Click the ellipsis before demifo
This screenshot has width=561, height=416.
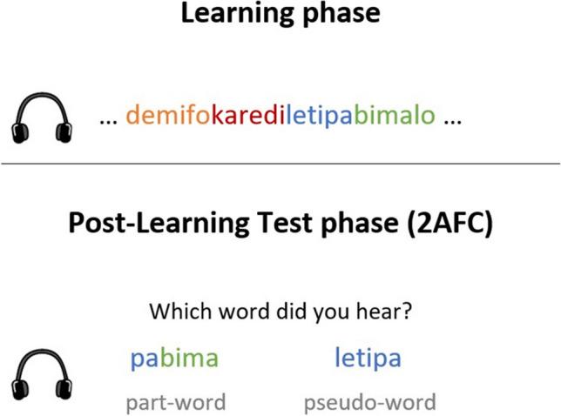pos(108,120)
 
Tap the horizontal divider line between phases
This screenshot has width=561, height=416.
pos(280,164)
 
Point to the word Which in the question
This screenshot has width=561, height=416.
pos(175,311)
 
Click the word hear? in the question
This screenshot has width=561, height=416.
pos(387,311)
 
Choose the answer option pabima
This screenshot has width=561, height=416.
pos(174,359)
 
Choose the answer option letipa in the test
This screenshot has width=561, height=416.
pos(368,358)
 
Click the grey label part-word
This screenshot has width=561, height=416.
pos(175,402)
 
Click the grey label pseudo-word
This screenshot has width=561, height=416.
pos(369,402)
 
